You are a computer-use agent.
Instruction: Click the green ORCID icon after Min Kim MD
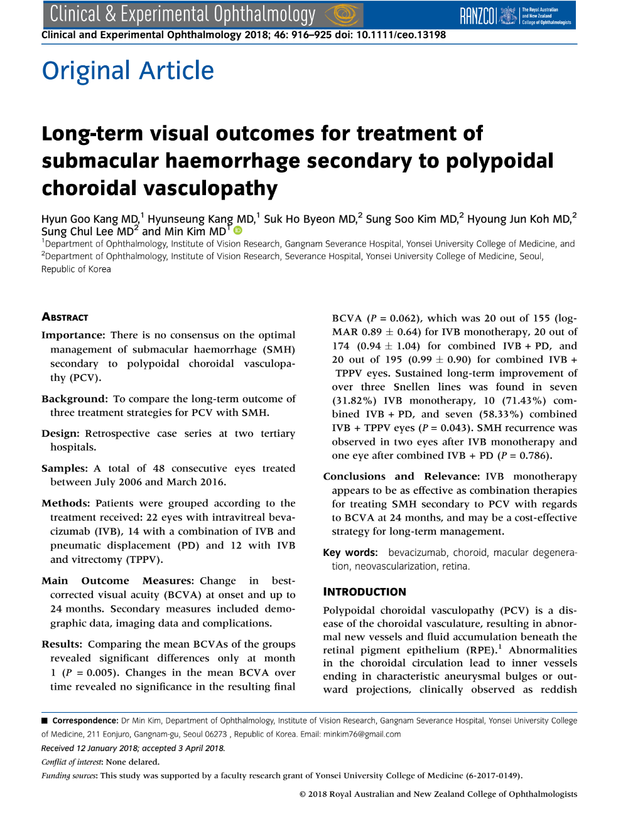click(x=238, y=231)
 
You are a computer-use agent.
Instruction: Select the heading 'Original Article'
click(x=128, y=70)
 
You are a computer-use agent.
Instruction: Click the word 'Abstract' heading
click(x=65, y=317)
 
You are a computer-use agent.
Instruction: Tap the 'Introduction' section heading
click(x=364, y=592)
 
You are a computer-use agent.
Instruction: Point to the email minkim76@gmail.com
click(x=362, y=734)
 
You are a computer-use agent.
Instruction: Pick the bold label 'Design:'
click(x=60, y=434)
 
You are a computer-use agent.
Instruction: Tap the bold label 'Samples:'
click(x=65, y=468)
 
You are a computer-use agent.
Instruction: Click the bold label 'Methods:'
click(x=66, y=503)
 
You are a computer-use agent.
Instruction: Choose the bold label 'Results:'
click(x=62, y=644)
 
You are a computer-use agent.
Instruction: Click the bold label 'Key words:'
click(x=350, y=553)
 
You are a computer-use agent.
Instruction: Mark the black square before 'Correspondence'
click(x=45, y=720)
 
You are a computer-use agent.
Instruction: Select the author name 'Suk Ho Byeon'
click(x=293, y=219)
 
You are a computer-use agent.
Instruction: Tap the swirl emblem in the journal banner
click(x=343, y=14)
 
